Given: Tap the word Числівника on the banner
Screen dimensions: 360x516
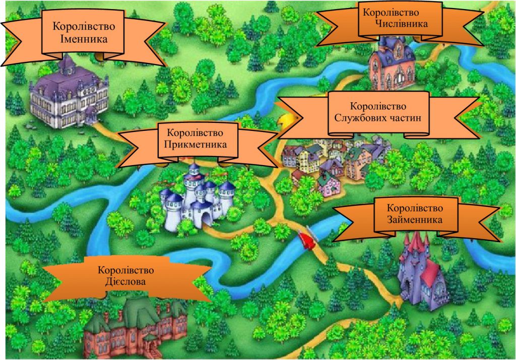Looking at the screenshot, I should [x=402, y=23].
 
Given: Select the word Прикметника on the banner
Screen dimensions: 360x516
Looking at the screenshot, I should [x=196, y=144].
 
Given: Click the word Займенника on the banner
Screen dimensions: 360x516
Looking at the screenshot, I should [x=415, y=220].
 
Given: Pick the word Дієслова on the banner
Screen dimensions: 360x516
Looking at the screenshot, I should [x=126, y=281].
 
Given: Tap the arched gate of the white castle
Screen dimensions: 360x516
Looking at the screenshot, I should [x=207, y=218].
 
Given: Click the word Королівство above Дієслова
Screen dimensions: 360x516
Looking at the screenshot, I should [x=125, y=270].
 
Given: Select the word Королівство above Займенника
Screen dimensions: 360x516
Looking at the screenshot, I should [x=415, y=208].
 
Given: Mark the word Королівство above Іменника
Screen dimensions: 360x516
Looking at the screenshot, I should [x=84, y=26].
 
